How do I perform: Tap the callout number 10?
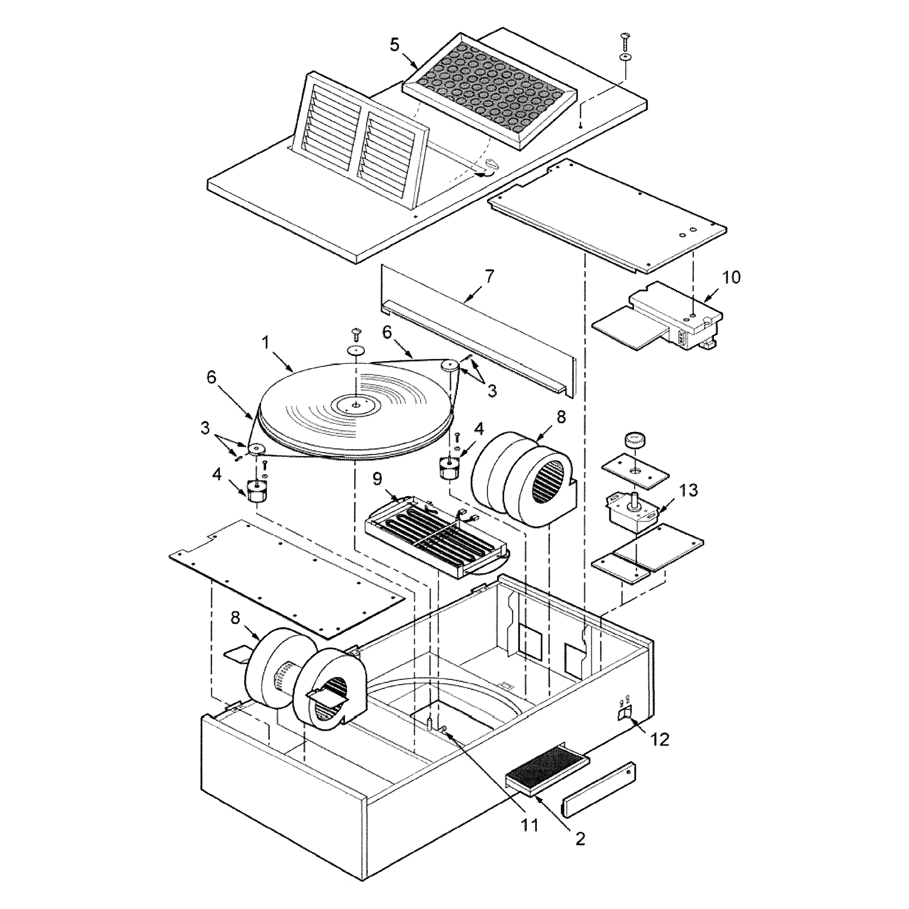pos(731,277)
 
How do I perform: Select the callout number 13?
pos(687,490)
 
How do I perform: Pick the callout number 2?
pos(580,839)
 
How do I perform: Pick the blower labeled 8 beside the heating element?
pos(524,478)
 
